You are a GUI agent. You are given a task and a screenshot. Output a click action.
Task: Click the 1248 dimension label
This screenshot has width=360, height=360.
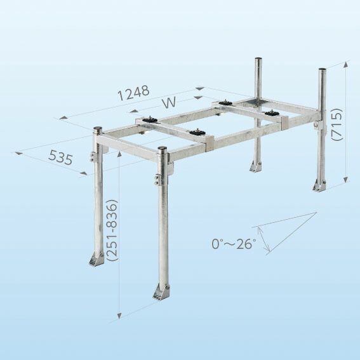click(x=133, y=93)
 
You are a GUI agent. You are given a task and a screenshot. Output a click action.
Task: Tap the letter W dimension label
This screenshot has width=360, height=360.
click(x=169, y=102)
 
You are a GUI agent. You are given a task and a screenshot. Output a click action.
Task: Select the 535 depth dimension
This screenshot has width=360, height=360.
click(x=60, y=157)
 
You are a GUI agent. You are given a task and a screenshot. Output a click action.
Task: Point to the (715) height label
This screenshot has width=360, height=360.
click(x=337, y=124)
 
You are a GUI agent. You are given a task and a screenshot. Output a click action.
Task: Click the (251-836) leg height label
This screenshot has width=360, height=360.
click(x=112, y=230)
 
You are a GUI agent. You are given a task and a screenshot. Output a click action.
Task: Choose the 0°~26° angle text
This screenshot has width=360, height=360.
click(x=234, y=244)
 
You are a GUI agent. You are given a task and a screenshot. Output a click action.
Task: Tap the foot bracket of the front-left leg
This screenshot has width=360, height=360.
click(x=97, y=260)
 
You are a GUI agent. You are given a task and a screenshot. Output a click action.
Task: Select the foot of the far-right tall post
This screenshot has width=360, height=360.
click(x=319, y=185)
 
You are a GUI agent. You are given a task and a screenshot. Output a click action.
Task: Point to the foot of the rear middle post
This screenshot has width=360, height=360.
click(x=255, y=166)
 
